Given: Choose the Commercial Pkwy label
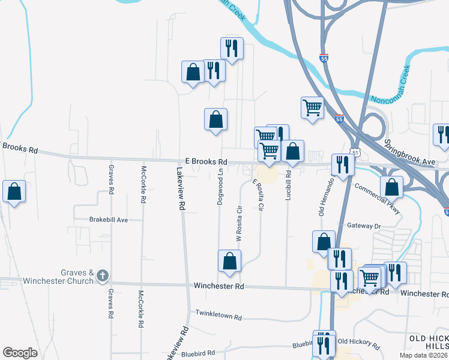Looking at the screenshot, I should point(377,194).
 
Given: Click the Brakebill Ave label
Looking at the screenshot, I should point(109,220).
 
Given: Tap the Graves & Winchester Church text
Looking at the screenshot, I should point(58,277).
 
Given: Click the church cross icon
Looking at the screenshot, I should point(103,276).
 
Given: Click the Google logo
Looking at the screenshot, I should point(20,353).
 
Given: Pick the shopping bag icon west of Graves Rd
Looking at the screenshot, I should point(14,192).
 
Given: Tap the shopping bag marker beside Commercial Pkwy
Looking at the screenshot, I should point(391,187).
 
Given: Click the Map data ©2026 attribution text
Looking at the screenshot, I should point(424,355).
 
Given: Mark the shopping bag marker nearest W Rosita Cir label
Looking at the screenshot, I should point(229,261).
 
